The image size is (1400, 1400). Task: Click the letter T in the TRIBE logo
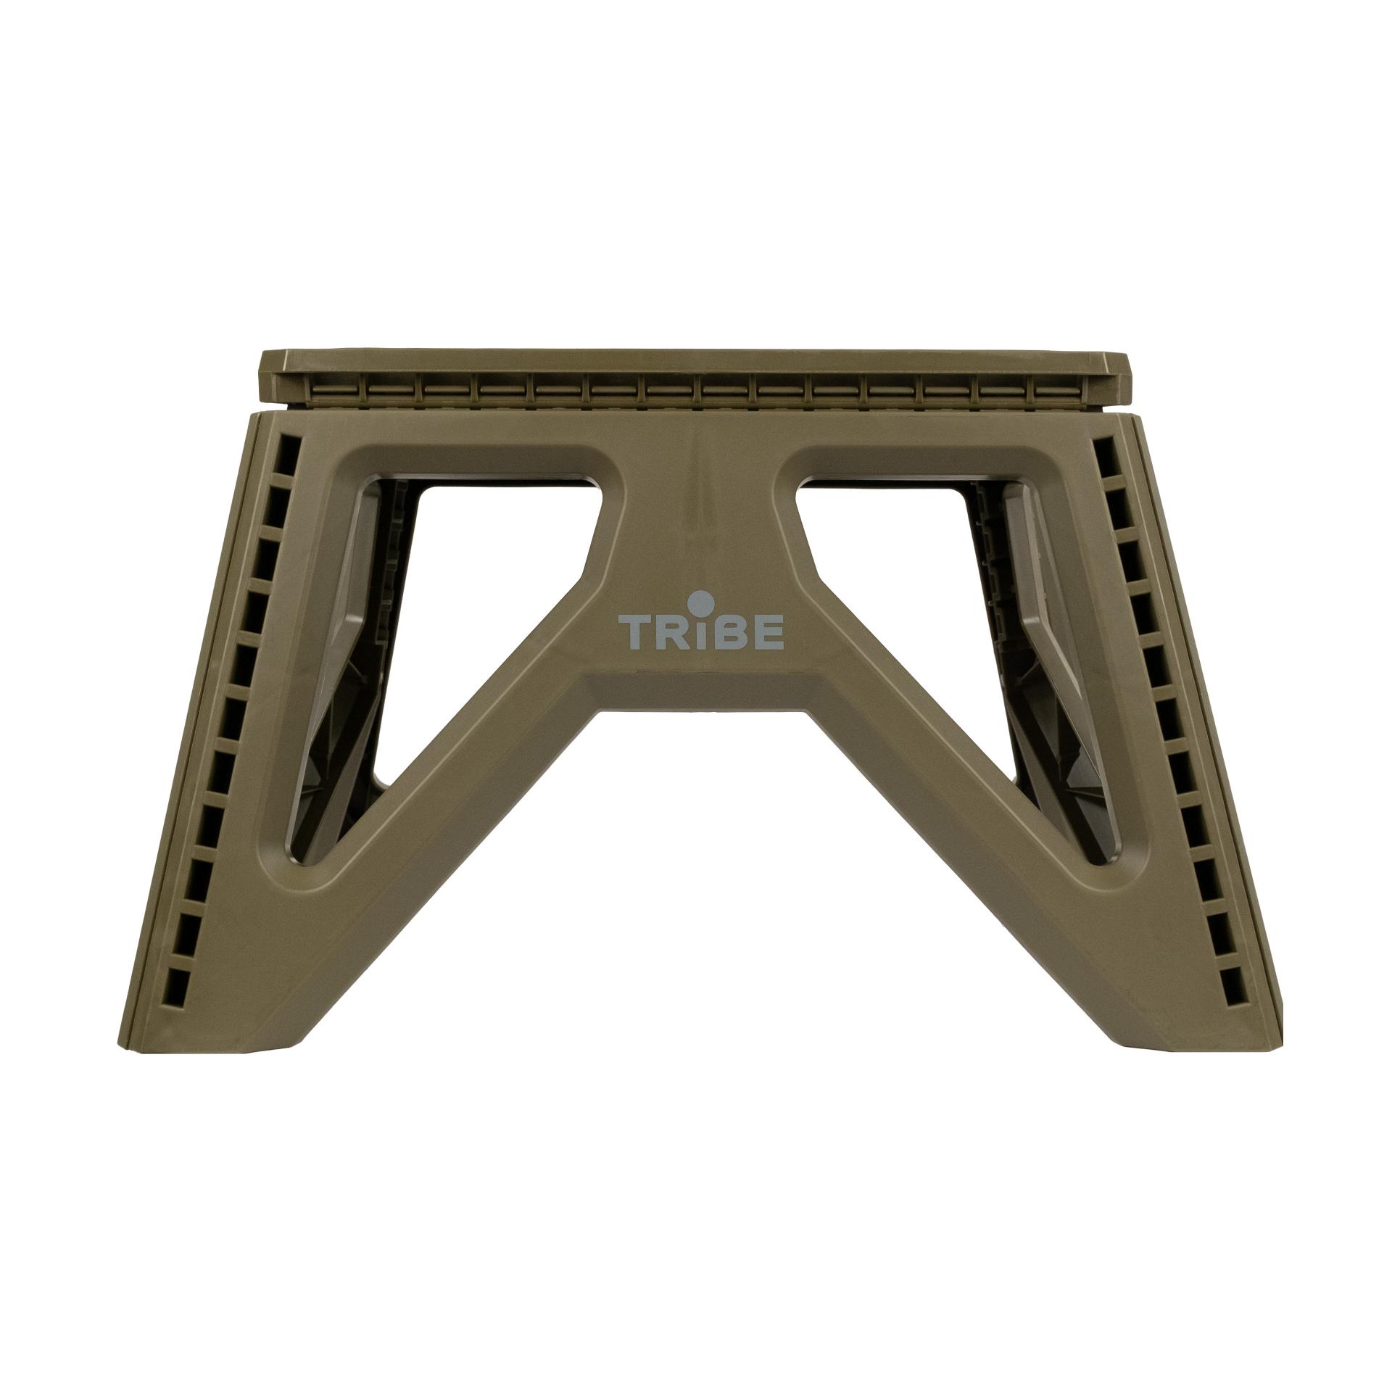pyautogui.click(x=631, y=632)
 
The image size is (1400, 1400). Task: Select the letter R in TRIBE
pyautogui.click(x=667, y=632)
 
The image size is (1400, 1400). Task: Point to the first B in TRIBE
pyautogui.click(x=726, y=632)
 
